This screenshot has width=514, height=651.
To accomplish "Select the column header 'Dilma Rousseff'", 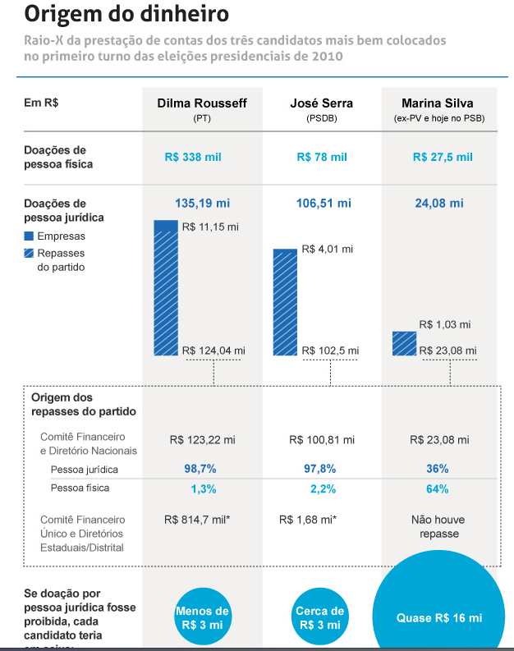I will click(x=202, y=103).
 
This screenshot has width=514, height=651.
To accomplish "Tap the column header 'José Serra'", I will click(x=321, y=103).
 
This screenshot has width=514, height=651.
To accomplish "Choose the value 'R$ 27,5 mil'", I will click(x=443, y=157).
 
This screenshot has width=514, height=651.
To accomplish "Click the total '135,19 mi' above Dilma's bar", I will click(x=202, y=203).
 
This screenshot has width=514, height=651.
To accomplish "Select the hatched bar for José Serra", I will click(x=285, y=302).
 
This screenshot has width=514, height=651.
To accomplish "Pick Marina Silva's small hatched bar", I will click(x=404, y=345).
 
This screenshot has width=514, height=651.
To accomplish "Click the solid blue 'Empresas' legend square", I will click(x=30, y=236).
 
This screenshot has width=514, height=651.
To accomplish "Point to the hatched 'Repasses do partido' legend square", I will click(x=30, y=254).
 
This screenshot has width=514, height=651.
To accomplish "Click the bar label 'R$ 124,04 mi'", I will click(x=213, y=351).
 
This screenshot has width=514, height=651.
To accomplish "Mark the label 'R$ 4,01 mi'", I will click(x=328, y=249).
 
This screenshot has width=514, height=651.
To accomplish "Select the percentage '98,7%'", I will click(x=200, y=468).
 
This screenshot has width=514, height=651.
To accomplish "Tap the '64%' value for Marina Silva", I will click(x=437, y=489).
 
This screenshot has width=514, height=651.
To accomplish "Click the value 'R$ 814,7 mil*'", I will click(x=196, y=520).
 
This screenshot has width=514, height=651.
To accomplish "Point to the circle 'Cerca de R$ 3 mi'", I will click(x=320, y=617).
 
